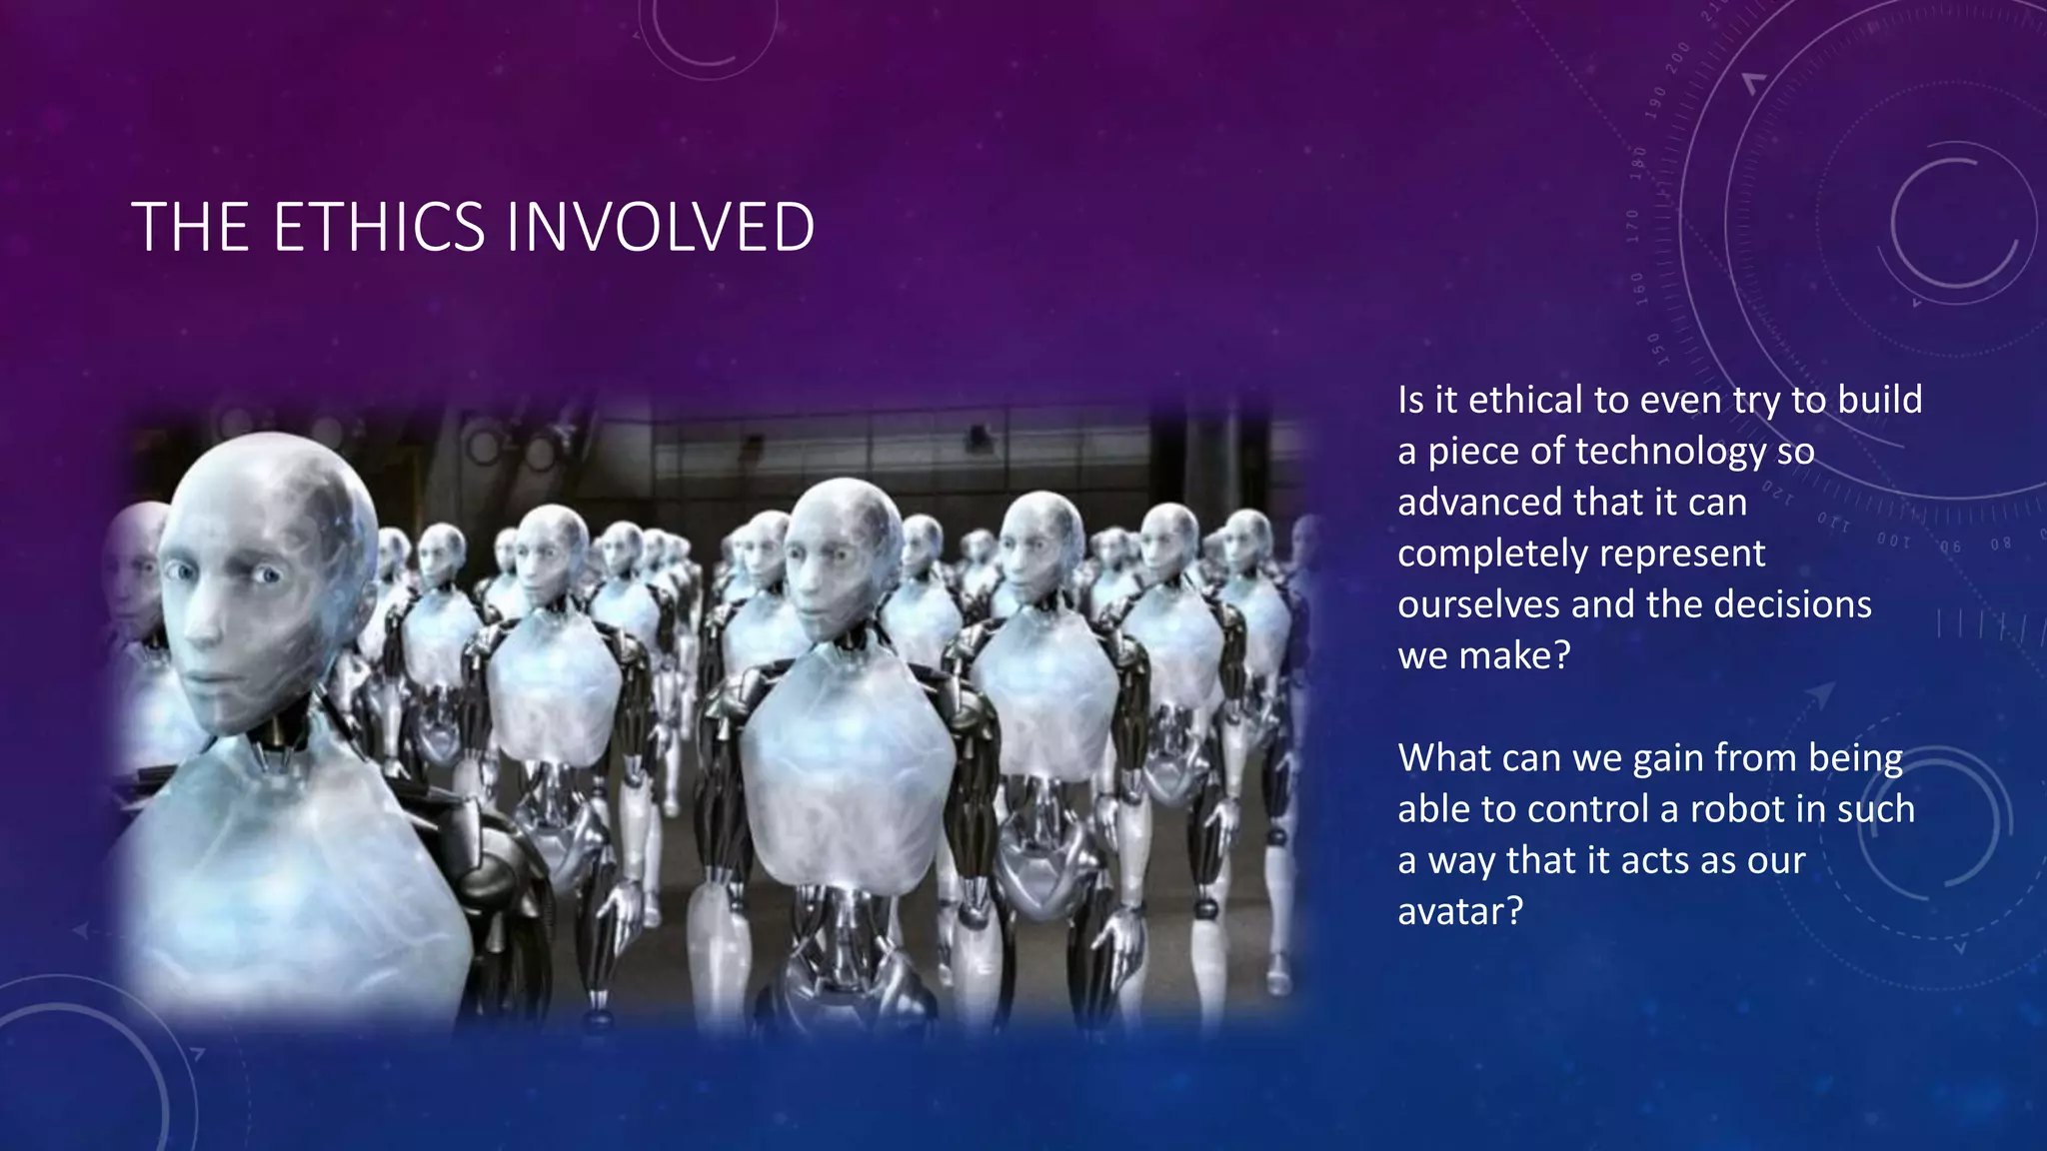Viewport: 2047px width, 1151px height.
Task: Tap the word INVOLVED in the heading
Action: coord(660,228)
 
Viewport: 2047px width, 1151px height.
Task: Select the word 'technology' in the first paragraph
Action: coord(1670,452)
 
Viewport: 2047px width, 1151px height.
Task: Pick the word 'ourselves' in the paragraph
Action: coord(1478,604)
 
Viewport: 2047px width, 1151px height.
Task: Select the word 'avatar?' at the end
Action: coord(1459,911)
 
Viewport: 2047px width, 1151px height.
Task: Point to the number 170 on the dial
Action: coord(1633,226)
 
